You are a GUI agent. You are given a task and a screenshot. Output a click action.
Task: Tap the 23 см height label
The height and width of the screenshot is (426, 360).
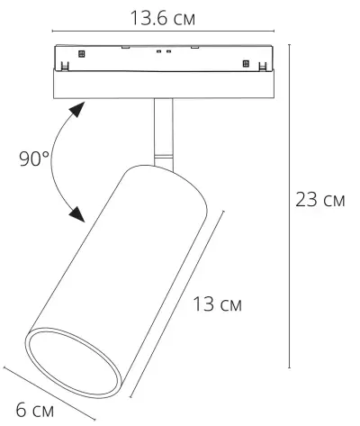pos(320,200)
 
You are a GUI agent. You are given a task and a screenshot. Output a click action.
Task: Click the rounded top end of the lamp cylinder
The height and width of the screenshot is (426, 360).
pos(166,176)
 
